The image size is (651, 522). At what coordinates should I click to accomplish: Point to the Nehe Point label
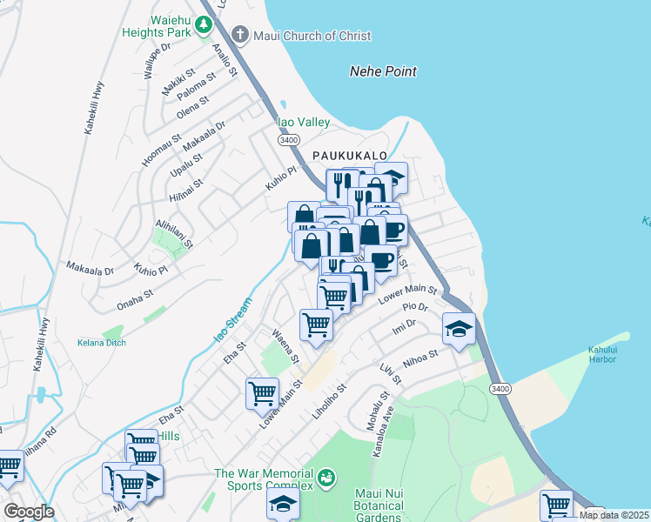tap(383, 71)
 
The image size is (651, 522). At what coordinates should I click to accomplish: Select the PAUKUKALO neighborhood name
tap(349, 154)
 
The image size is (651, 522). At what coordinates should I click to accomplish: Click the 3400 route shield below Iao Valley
tap(289, 139)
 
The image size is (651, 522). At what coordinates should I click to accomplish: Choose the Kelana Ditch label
tap(101, 342)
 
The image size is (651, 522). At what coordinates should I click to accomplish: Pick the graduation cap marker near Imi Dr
tap(459, 329)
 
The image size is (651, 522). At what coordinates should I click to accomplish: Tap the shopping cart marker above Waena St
tap(316, 325)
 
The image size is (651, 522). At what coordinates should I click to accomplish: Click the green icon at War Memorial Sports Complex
tap(326, 477)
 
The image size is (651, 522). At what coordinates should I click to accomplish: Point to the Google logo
tap(29, 512)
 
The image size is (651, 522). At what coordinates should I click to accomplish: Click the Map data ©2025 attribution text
tap(614, 515)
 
